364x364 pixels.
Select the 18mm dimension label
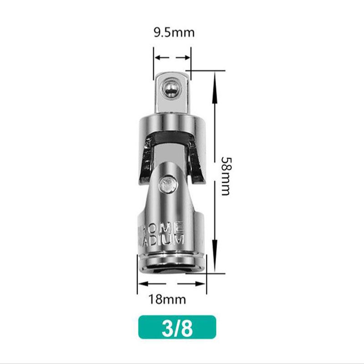coord(167,299)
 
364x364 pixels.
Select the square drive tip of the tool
coord(172,93)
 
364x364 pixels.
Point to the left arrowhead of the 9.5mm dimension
coord(157,57)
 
